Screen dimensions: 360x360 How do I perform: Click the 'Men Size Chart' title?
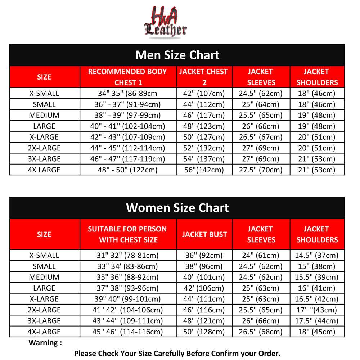pos(177,55)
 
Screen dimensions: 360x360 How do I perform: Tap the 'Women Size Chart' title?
pos(177,208)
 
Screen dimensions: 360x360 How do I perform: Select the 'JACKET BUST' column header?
pos(204,234)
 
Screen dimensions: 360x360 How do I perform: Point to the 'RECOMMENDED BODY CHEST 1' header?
pos(128,77)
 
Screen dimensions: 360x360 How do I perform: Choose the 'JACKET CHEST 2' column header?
pos(204,77)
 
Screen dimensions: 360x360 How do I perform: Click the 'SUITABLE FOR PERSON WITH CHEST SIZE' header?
pos(128,234)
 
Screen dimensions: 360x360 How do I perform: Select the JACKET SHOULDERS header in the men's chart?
pos(317,77)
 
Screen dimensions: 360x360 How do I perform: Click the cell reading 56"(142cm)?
pos(204,170)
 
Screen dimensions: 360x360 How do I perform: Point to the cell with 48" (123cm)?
pos(204,126)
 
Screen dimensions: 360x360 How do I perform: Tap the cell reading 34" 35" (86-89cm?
pos(128,94)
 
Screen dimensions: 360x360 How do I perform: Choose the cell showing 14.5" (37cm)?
pos(317,256)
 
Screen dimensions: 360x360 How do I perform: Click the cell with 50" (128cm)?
pos(204,332)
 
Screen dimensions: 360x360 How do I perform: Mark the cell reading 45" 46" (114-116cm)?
pos(128,332)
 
